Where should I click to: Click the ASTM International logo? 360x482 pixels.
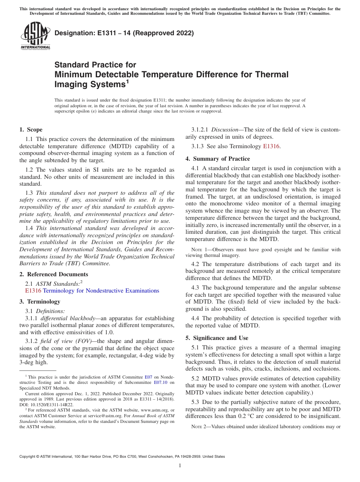pos(35,36)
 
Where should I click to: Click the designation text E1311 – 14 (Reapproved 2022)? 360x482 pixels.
pos(124,33)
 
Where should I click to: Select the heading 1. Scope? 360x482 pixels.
pos(31,130)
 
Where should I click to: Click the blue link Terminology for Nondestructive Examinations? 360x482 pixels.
pos(101,291)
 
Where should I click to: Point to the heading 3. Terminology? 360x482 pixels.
pos(40,301)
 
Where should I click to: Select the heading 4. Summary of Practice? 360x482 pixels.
pos(218,158)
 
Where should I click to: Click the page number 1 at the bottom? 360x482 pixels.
pos(180,465)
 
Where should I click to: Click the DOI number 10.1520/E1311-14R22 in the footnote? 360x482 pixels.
pos(51,405)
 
